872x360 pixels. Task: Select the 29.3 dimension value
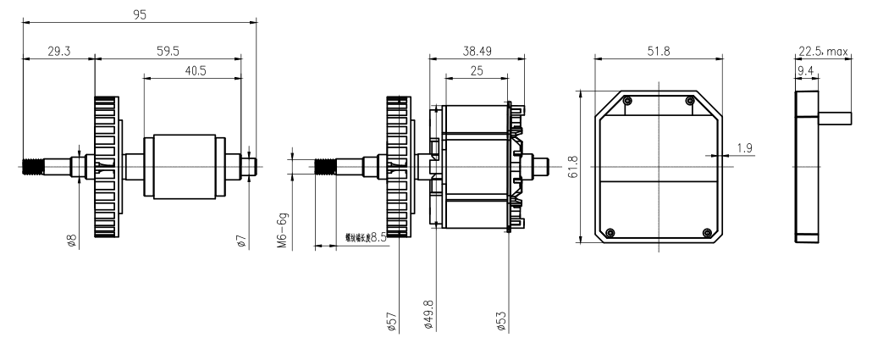pos(58,51)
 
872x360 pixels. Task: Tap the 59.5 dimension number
pos(168,51)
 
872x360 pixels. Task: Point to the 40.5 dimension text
pos(194,71)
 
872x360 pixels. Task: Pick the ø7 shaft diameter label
pos(242,241)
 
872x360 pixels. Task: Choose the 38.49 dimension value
pos(474,51)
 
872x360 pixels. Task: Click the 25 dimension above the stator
pos(477,71)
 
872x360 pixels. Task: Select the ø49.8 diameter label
pos(429,313)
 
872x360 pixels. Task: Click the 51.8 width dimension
pos(658,51)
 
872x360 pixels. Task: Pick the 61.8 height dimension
pos(573,166)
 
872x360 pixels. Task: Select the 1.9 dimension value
pos(744,148)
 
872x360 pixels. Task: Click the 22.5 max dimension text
pos(823,52)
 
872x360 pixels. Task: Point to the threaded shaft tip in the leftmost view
pos(32,166)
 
